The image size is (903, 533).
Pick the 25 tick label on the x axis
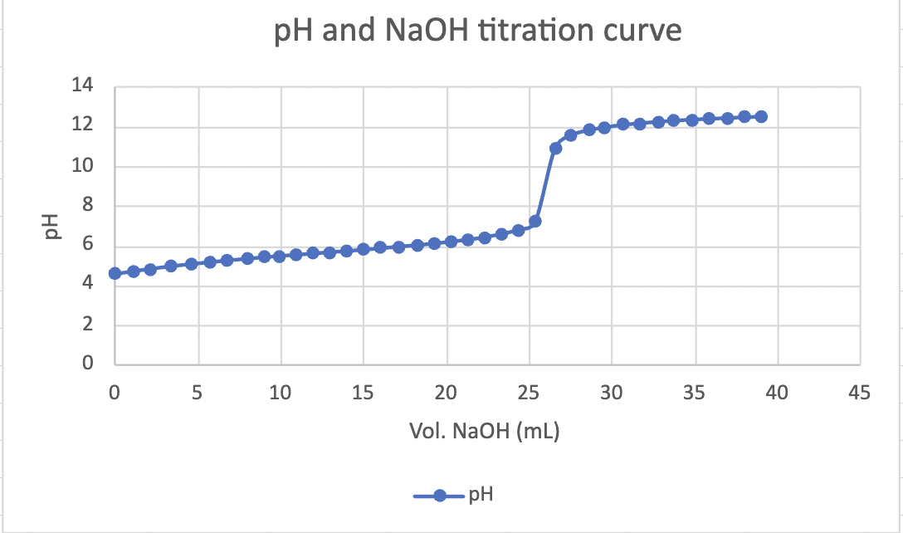coord(529,393)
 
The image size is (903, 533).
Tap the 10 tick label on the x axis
coord(281,393)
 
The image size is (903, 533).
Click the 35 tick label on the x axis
coord(694,393)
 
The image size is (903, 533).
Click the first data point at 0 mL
coord(115,273)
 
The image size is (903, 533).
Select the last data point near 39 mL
coord(761,116)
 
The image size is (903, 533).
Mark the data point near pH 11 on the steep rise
coord(555,148)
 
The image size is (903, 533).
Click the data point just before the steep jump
coord(535,222)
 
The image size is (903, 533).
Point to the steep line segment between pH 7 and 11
coord(545,184)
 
